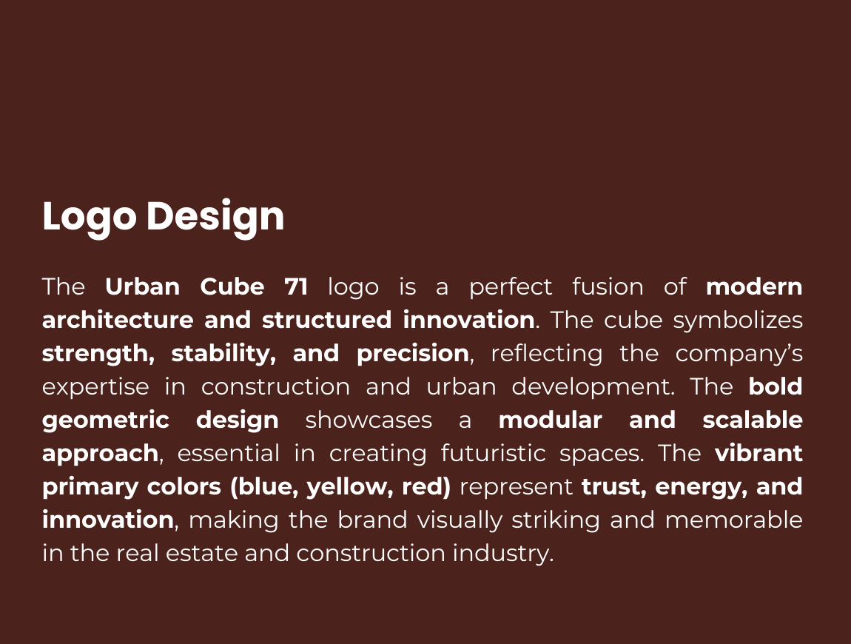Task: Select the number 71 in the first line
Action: click(296, 286)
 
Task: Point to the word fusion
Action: click(608, 286)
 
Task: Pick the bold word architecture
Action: click(118, 320)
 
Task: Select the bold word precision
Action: click(413, 354)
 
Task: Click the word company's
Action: click(739, 355)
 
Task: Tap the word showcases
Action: click(369, 420)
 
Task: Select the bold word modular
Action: click(551, 420)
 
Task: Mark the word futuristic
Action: click(493, 454)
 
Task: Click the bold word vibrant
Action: click(758, 454)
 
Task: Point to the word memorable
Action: click(734, 520)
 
